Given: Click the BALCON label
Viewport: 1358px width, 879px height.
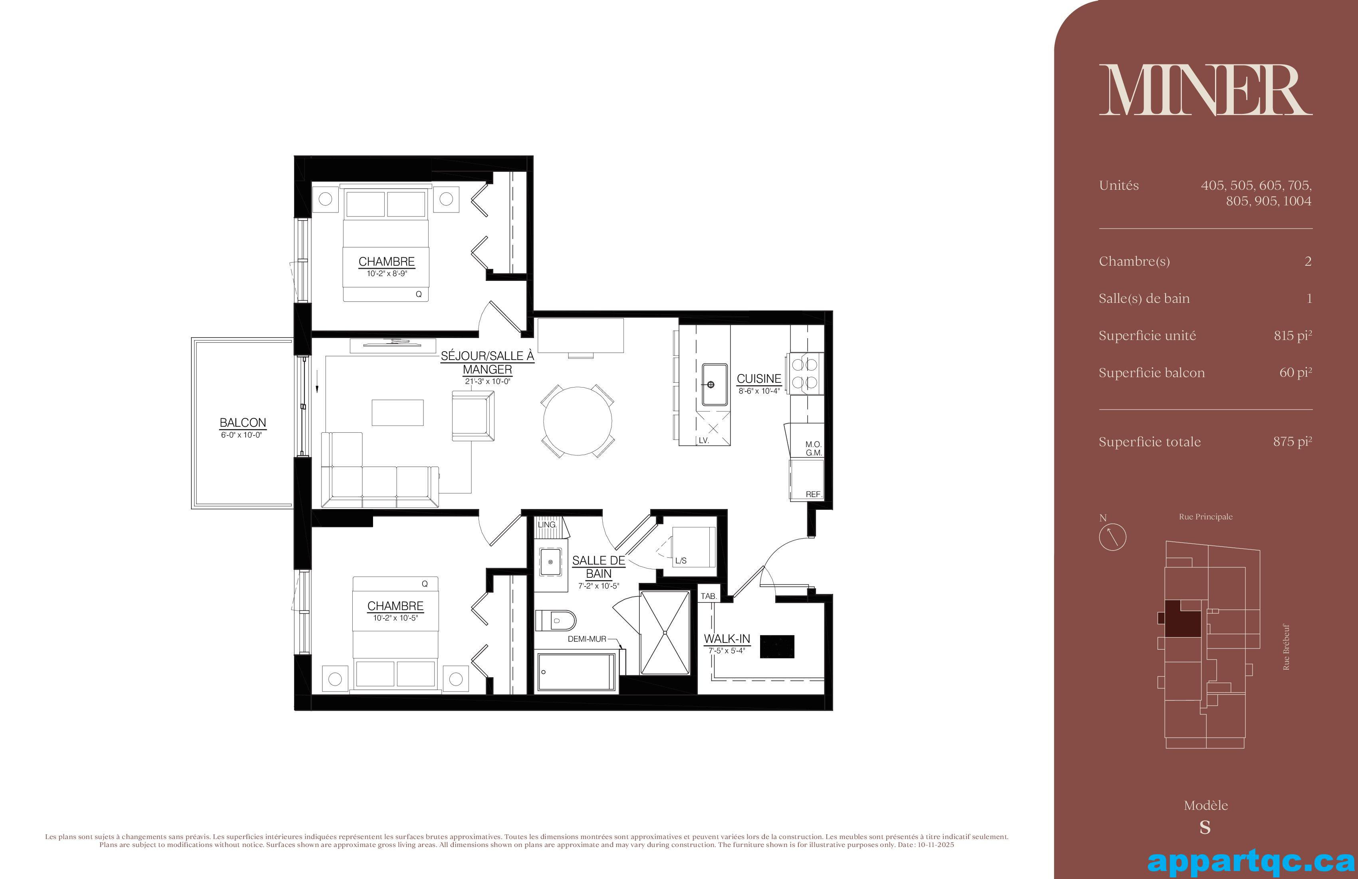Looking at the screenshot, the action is coord(243,423).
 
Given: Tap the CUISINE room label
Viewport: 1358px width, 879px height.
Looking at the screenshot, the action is coord(759,378).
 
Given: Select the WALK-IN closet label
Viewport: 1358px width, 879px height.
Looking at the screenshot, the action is coord(727,639).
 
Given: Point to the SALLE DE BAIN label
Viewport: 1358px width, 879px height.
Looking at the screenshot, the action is coord(599,567).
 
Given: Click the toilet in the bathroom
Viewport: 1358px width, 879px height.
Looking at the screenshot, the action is coord(556,620).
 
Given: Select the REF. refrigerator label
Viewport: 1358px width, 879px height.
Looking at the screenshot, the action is coord(813,494).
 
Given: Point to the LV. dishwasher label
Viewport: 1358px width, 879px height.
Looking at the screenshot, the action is coord(703,441).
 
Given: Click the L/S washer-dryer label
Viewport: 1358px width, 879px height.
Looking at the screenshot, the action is coord(681,561).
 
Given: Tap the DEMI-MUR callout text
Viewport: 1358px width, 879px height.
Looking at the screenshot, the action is coord(587,639).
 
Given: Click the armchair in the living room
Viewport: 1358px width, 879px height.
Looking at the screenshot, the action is coord(473,416).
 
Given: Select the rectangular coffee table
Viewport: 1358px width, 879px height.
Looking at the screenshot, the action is coord(398,412).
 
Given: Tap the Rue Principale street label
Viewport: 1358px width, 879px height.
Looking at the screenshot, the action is coord(1206,517).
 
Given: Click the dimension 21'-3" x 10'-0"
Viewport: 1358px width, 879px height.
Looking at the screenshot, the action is coord(487,381).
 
